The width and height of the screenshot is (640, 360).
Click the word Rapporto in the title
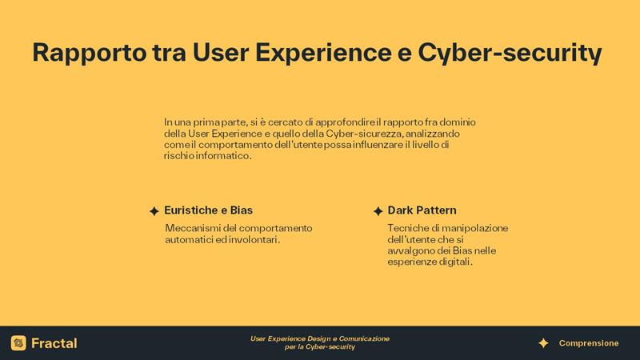click(x=90, y=54)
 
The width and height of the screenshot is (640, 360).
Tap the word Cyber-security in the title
click(x=510, y=54)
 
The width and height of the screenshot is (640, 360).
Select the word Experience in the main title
click(x=323, y=54)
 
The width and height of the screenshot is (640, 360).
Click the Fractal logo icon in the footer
click(x=18, y=343)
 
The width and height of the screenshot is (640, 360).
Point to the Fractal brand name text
click(x=54, y=343)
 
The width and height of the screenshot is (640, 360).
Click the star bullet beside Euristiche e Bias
click(x=154, y=211)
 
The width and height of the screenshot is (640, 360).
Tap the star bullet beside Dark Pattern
click(x=378, y=211)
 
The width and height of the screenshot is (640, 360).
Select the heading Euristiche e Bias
click(x=208, y=210)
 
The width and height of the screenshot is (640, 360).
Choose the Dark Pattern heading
click(x=422, y=210)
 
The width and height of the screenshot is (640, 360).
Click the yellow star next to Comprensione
click(x=543, y=343)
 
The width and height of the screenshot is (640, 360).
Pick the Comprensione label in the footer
click(x=589, y=343)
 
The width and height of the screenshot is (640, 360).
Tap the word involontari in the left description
click(x=254, y=239)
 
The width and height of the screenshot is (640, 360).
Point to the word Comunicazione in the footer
click(x=364, y=338)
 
